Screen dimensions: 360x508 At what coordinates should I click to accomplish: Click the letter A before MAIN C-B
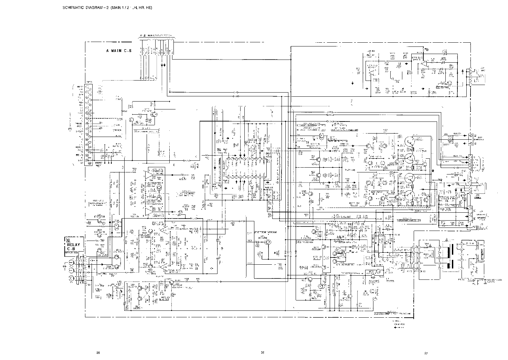tap(107, 51)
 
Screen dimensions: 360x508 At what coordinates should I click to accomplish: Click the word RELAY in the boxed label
tap(73, 245)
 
